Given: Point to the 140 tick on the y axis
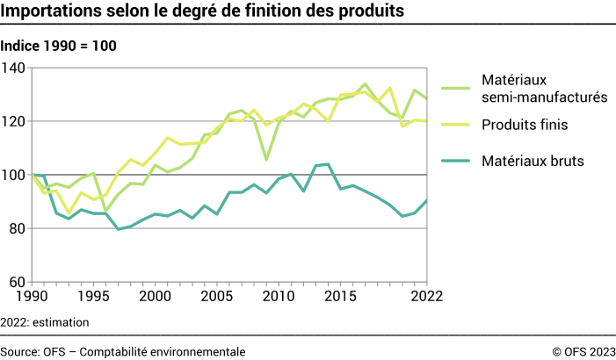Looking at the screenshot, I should point(15,68).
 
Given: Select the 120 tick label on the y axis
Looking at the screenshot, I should point(15,121).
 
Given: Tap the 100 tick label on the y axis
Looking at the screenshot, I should point(15,175).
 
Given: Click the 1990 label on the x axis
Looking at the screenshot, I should point(33,297).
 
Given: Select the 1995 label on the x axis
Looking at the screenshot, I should point(94,297).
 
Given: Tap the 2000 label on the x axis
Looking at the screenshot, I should point(156,297).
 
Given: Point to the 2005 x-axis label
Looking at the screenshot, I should point(217,297).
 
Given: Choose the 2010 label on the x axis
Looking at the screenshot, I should point(279,297).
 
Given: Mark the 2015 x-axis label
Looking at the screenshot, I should point(340,297).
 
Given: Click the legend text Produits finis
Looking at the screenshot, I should point(524,126).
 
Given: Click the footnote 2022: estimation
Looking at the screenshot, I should point(45,322).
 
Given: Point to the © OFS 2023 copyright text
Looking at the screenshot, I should point(583,351).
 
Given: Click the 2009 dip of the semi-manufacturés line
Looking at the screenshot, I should point(266,159).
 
